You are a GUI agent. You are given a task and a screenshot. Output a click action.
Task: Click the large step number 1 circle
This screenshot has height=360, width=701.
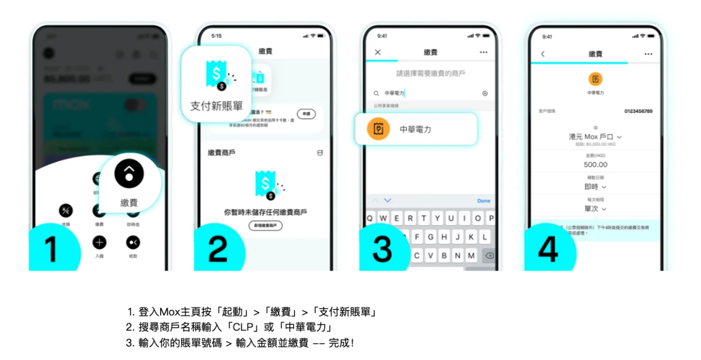pyautogui.click(x=51, y=249)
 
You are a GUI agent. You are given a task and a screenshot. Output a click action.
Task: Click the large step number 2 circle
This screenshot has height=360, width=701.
pyautogui.click(x=217, y=249)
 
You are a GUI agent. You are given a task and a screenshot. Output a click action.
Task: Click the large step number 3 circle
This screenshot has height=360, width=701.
pyautogui.click(x=383, y=249)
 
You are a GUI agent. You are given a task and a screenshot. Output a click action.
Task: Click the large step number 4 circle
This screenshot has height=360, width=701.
pyautogui.click(x=548, y=249)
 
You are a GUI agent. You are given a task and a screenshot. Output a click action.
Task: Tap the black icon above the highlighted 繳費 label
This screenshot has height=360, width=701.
pyautogui.click(x=129, y=174)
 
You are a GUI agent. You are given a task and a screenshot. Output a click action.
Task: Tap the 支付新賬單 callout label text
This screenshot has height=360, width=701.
pyautogui.click(x=216, y=106)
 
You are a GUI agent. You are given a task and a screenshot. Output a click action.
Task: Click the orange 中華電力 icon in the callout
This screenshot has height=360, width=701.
pyautogui.click(x=378, y=129)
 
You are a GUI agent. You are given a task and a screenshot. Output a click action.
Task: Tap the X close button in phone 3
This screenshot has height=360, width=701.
pyautogui.click(x=377, y=53)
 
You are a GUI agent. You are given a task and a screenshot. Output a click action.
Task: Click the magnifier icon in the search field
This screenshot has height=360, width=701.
pyautogui.click(x=376, y=94)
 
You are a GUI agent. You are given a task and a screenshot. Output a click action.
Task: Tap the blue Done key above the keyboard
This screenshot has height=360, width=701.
pyautogui.click(x=484, y=201)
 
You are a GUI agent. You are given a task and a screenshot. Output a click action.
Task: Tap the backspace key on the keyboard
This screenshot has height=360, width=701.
pyautogui.click(x=489, y=256)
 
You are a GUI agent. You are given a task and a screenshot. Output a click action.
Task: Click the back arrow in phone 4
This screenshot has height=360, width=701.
pyautogui.click(x=543, y=54)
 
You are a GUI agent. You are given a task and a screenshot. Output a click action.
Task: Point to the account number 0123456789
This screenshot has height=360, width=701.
pyautogui.click(x=638, y=111)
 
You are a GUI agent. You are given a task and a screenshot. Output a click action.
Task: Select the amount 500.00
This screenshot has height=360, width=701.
pyautogui.click(x=595, y=165)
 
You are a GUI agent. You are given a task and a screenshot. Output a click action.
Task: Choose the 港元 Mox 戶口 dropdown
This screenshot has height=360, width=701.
pyautogui.click(x=595, y=137)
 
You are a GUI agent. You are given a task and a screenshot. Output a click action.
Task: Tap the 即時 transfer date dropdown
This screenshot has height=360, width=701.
pyautogui.click(x=595, y=187)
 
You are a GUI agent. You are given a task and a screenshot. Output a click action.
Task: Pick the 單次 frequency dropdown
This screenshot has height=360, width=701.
pyautogui.click(x=595, y=209)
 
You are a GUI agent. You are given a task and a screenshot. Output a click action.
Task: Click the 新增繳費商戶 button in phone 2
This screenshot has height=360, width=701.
pyautogui.click(x=265, y=225)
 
